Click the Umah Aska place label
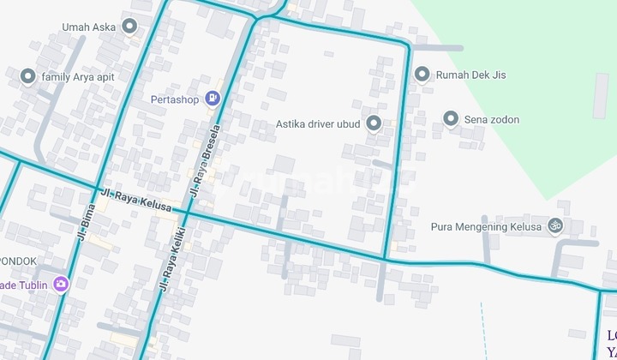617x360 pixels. [88, 27]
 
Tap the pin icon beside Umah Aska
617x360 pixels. [129, 27]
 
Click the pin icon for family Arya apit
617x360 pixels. [27, 77]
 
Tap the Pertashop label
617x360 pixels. [175, 99]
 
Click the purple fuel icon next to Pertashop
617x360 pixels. [212, 99]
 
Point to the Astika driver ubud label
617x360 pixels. [318, 123]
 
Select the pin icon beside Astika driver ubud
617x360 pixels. [373, 123]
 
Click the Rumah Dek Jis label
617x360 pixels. [470, 75]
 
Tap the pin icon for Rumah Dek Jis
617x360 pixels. [422, 75]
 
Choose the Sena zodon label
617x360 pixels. [491, 119]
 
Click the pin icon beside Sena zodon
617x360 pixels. [451, 119]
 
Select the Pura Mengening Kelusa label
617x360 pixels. [486, 227]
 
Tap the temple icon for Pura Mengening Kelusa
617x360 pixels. [555, 227]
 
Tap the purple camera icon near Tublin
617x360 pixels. [60, 284]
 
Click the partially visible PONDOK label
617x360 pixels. [17, 261]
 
